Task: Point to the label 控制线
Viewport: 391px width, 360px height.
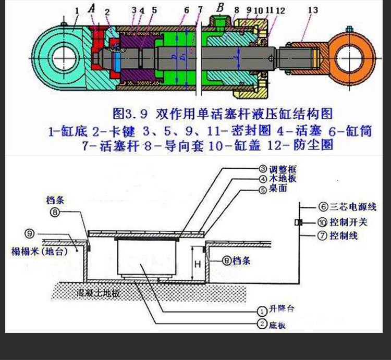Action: coord(345,235)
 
